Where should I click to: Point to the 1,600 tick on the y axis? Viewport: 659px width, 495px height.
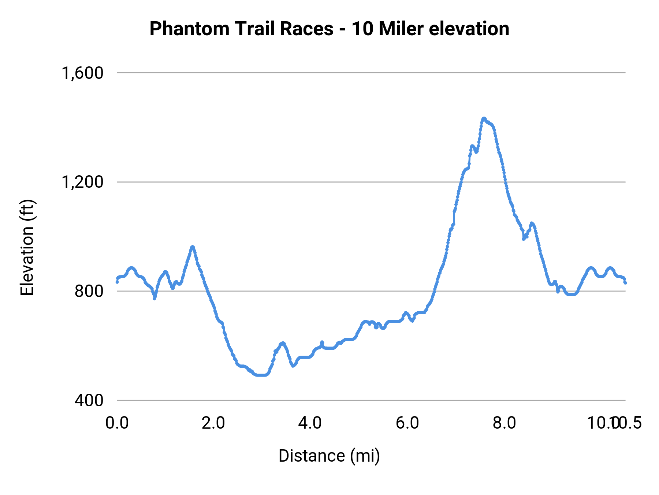[x=83, y=73]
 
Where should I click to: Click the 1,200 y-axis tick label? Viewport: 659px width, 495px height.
[x=83, y=182]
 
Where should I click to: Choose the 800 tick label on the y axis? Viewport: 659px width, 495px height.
[x=89, y=291]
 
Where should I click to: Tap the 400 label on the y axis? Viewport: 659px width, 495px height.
[x=89, y=400]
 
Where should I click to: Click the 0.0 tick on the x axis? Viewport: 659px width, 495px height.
[x=117, y=423]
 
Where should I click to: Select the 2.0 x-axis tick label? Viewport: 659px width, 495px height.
[x=213, y=423]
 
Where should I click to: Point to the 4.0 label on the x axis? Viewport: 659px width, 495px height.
[x=310, y=423]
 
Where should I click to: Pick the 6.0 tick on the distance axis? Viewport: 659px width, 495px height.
[x=407, y=423]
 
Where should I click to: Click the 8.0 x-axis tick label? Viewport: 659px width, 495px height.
[x=504, y=423]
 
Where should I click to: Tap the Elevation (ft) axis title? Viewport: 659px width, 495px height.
[x=27, y=247]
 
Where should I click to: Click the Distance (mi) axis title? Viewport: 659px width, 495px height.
[x=329, y=456]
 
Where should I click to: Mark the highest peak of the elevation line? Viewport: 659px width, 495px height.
[x=484, y=118]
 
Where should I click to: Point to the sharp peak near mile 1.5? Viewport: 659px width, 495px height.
[x=192, y=247]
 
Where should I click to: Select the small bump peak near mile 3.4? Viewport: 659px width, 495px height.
[x=282, y=343]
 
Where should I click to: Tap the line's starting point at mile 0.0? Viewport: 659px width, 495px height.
[x=117, y=282]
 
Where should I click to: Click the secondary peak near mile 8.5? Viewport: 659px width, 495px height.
[x=532, y=223]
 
